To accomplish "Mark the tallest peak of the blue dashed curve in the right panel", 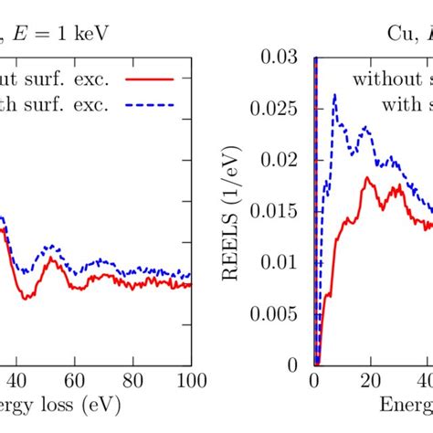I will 335,94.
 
